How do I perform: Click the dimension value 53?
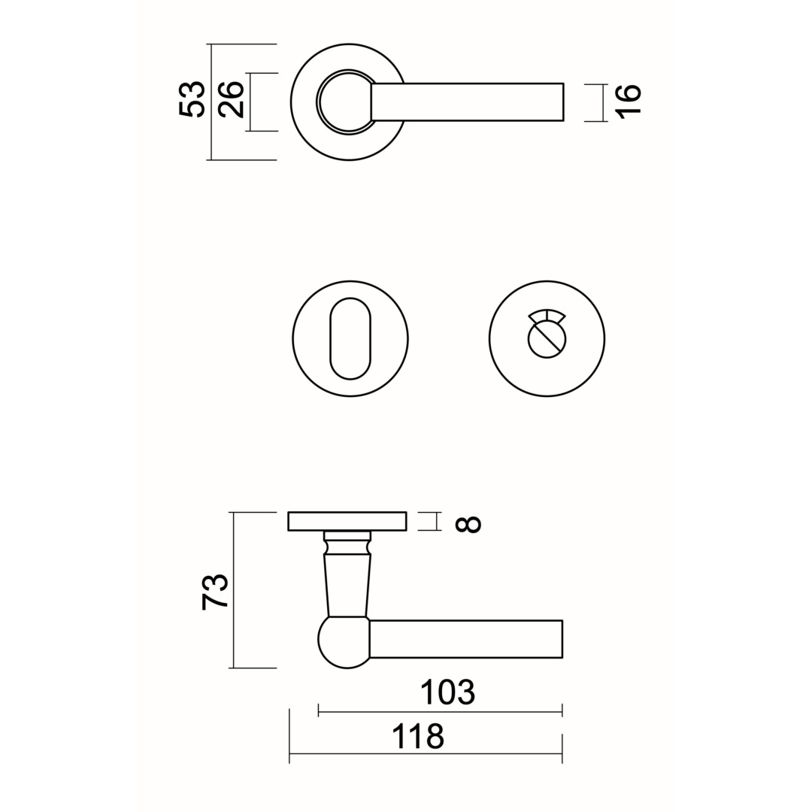click(x=192, y=99)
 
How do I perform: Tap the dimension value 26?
click(x=231, y=99)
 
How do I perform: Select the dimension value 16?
click(x=630, y=102)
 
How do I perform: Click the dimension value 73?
click(x=215, y=592)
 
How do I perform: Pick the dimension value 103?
click(x=447, y=692)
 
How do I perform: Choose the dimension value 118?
click(x=418, y=736)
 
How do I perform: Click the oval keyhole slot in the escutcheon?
click(x=350, y=338)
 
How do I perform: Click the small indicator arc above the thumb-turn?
click(x=547, y=314)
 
